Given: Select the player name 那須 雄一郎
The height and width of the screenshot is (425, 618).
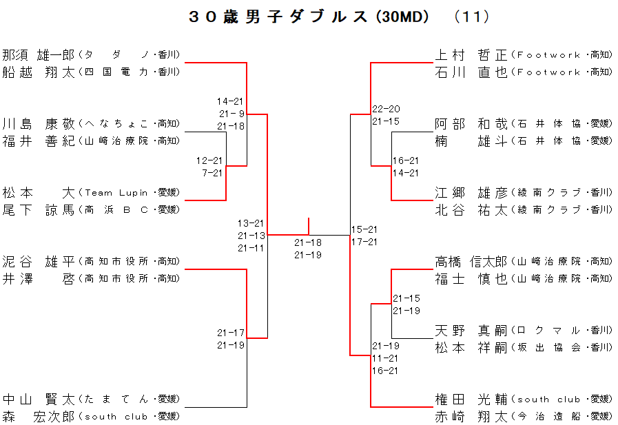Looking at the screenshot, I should click(x=39, y=54).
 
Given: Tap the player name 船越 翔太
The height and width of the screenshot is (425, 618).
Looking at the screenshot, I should click(x=39, y=72).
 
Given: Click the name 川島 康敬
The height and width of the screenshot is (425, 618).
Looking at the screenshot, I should click(x=39, y=124).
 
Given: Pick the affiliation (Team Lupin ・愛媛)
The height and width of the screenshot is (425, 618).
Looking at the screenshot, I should click(x=130, y=193).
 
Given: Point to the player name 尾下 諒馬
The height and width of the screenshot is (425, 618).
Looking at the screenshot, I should click(x=39, y=210).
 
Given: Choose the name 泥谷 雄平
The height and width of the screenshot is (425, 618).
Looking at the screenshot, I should click(x=39, y=262).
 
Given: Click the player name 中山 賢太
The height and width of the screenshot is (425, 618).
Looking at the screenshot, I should click(x=39, y=400).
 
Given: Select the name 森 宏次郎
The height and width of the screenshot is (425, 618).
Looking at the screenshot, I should click(x=39, y=417).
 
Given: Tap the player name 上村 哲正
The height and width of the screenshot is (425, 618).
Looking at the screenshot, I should click(x=471, y=54).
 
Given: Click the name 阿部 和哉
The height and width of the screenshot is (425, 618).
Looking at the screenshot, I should click(x=471, y=124).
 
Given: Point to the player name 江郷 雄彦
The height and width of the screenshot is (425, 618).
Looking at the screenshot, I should click(x=471, y=193).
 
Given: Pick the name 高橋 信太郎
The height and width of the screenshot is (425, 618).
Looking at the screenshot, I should click(x=471, y=262).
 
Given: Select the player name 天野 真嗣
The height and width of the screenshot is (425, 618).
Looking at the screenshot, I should click(x=471, y=331).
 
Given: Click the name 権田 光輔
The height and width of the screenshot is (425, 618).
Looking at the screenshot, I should click(x=471, y=400).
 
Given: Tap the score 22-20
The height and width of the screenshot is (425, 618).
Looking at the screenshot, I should click(x=386, y=109).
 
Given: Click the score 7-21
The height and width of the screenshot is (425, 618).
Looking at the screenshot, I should click(x=212, y=173).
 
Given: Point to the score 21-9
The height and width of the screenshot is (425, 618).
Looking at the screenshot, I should click(x=231, y=114).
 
